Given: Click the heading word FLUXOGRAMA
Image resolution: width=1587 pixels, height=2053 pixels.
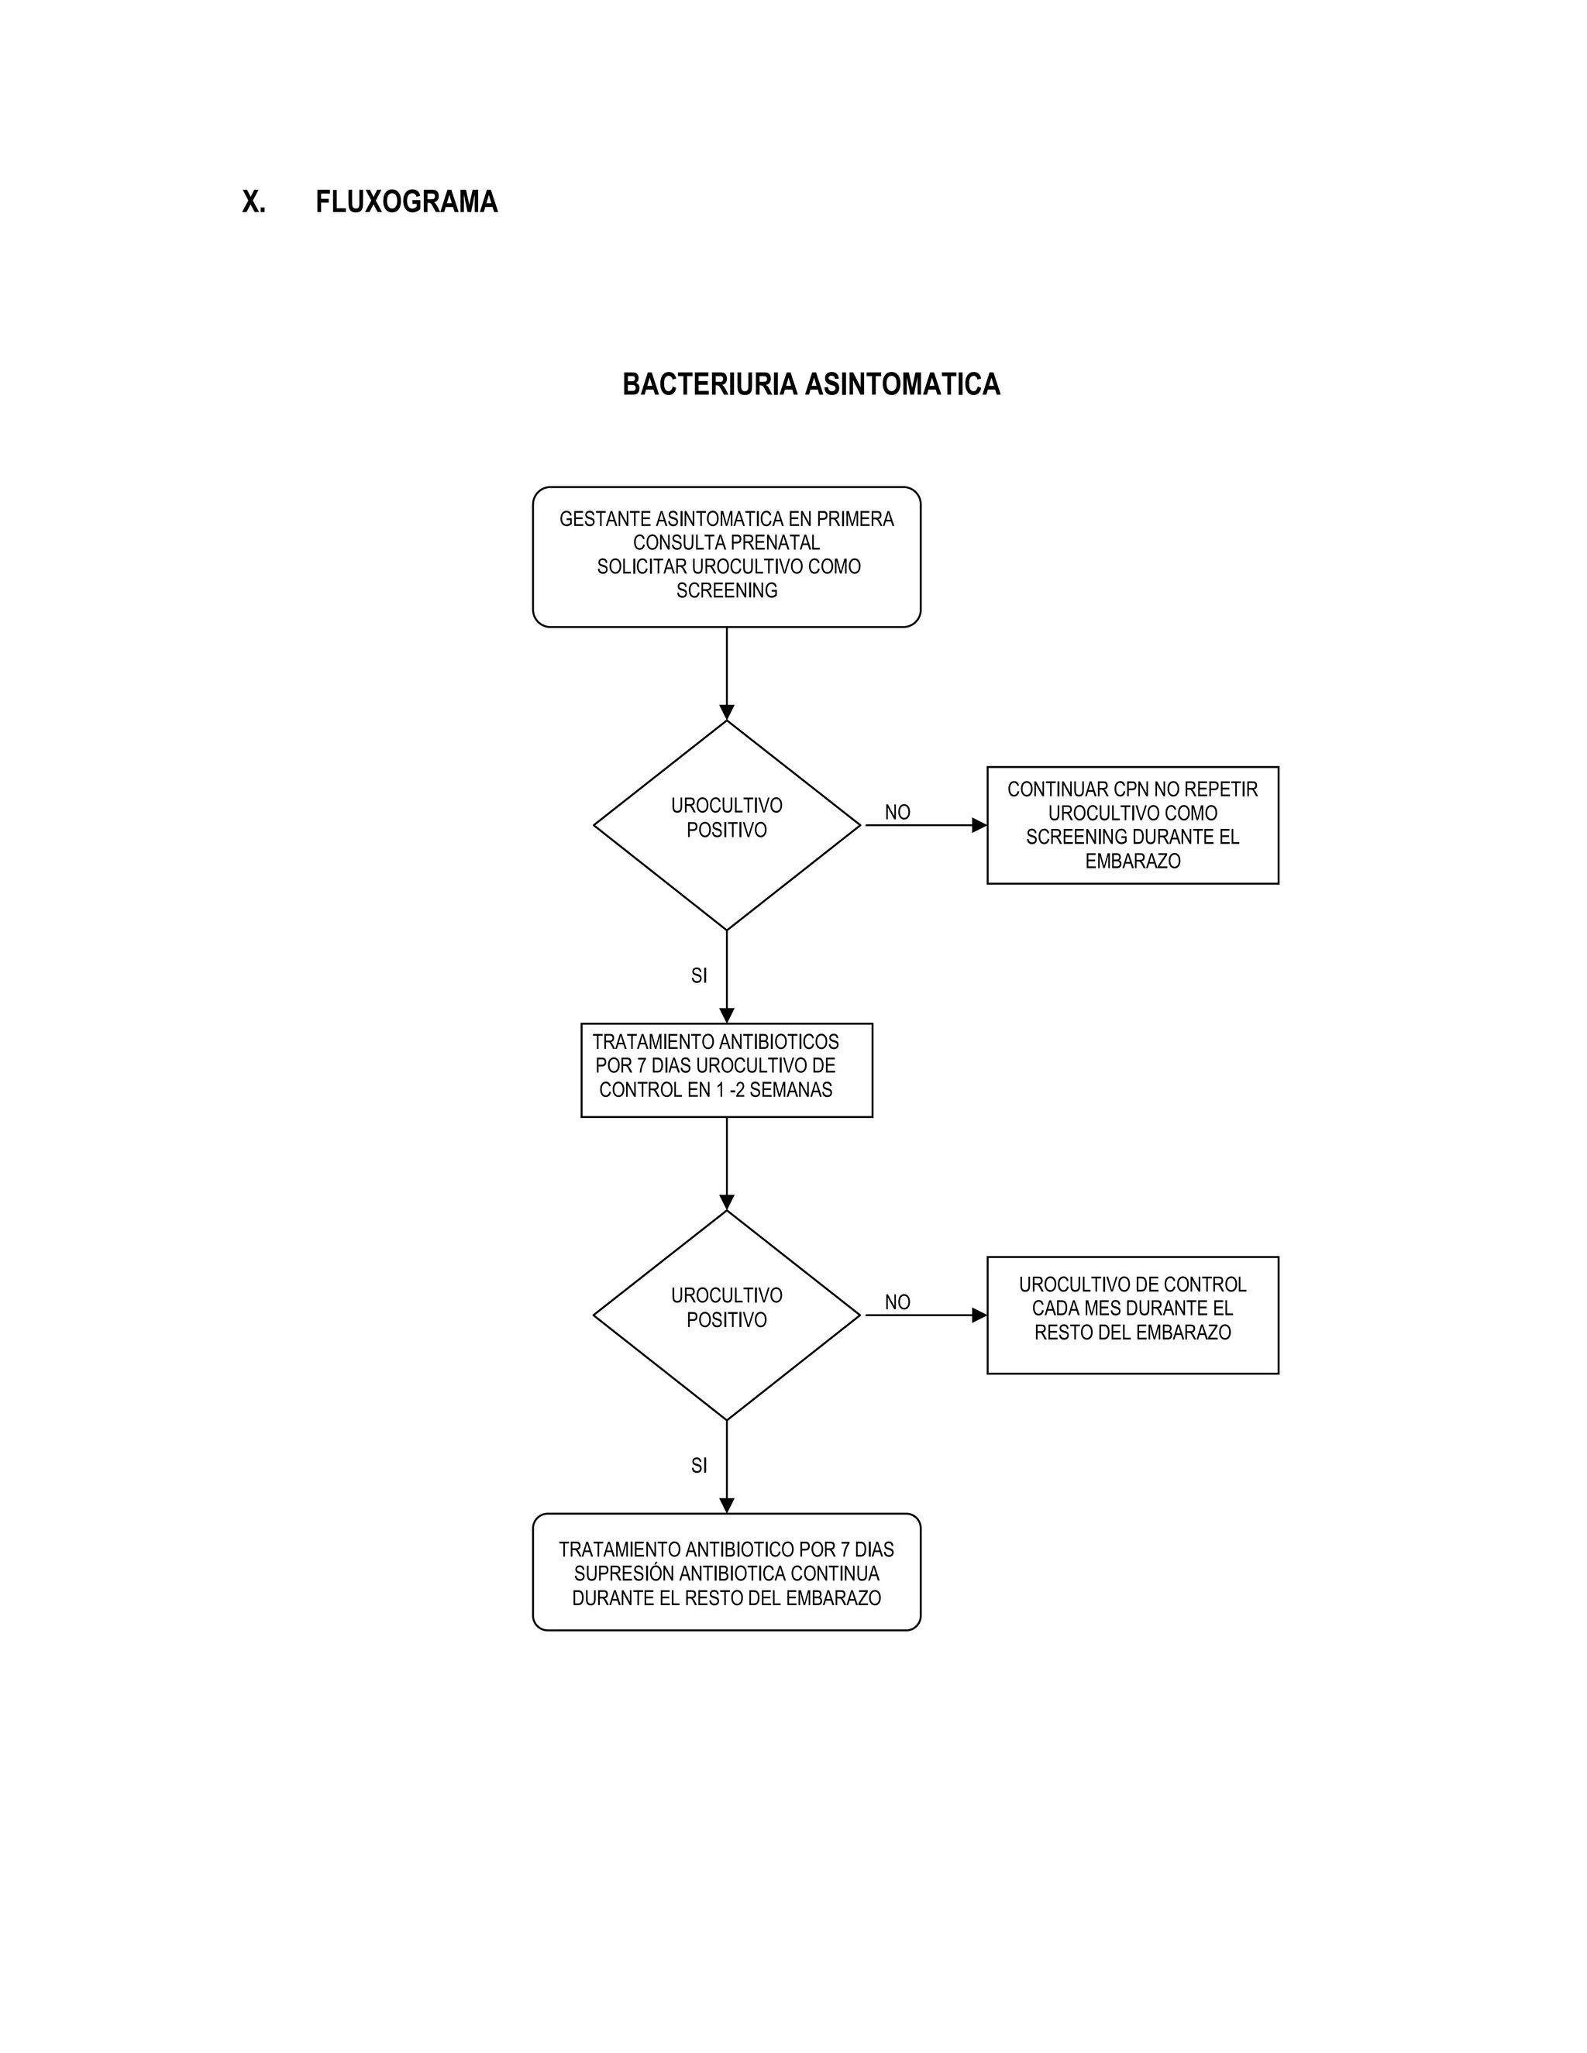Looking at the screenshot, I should (x=406, y=202).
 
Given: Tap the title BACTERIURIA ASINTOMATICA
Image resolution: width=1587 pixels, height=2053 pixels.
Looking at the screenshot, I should (x=811, y=384).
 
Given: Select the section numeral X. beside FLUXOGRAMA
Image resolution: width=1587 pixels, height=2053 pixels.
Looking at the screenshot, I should (x=254, y=202).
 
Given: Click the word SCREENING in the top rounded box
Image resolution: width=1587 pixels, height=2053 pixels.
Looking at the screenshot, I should (x=727, y=590).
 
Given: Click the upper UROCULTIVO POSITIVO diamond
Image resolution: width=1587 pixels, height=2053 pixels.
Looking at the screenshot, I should (x=727, y=824).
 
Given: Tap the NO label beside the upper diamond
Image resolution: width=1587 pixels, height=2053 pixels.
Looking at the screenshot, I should (x=897, y=812).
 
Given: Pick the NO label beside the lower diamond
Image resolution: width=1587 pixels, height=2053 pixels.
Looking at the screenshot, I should (x=897, y=1302).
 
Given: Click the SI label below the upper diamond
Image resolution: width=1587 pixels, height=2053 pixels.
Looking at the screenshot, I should (x=698, y=975).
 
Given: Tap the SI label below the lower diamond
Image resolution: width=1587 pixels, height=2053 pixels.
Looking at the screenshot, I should (x=698, y=1466).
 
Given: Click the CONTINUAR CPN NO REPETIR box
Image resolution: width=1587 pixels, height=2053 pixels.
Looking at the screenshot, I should (x=1132, y=824).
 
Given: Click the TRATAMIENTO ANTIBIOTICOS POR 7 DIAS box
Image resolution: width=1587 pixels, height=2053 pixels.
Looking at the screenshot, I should (x=727, y=1070).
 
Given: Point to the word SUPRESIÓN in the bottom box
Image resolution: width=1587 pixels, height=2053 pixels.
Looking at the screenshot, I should (x=621, y=1573).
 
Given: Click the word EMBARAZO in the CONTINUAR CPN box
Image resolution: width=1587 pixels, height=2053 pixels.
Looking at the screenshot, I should (x=1132, y=861).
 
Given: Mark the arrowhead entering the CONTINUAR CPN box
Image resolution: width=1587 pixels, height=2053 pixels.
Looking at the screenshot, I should (x=979, y=825).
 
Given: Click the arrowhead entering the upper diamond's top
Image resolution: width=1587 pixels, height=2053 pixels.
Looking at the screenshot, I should (x=727, y=713).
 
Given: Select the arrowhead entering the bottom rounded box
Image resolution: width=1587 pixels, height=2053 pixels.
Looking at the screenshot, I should (x=727, y=1505).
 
